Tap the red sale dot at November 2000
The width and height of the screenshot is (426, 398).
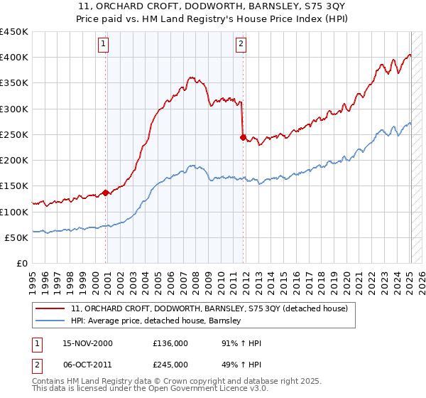106,192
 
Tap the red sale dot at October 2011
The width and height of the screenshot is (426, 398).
243,137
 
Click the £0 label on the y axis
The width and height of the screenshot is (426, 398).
21,263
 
